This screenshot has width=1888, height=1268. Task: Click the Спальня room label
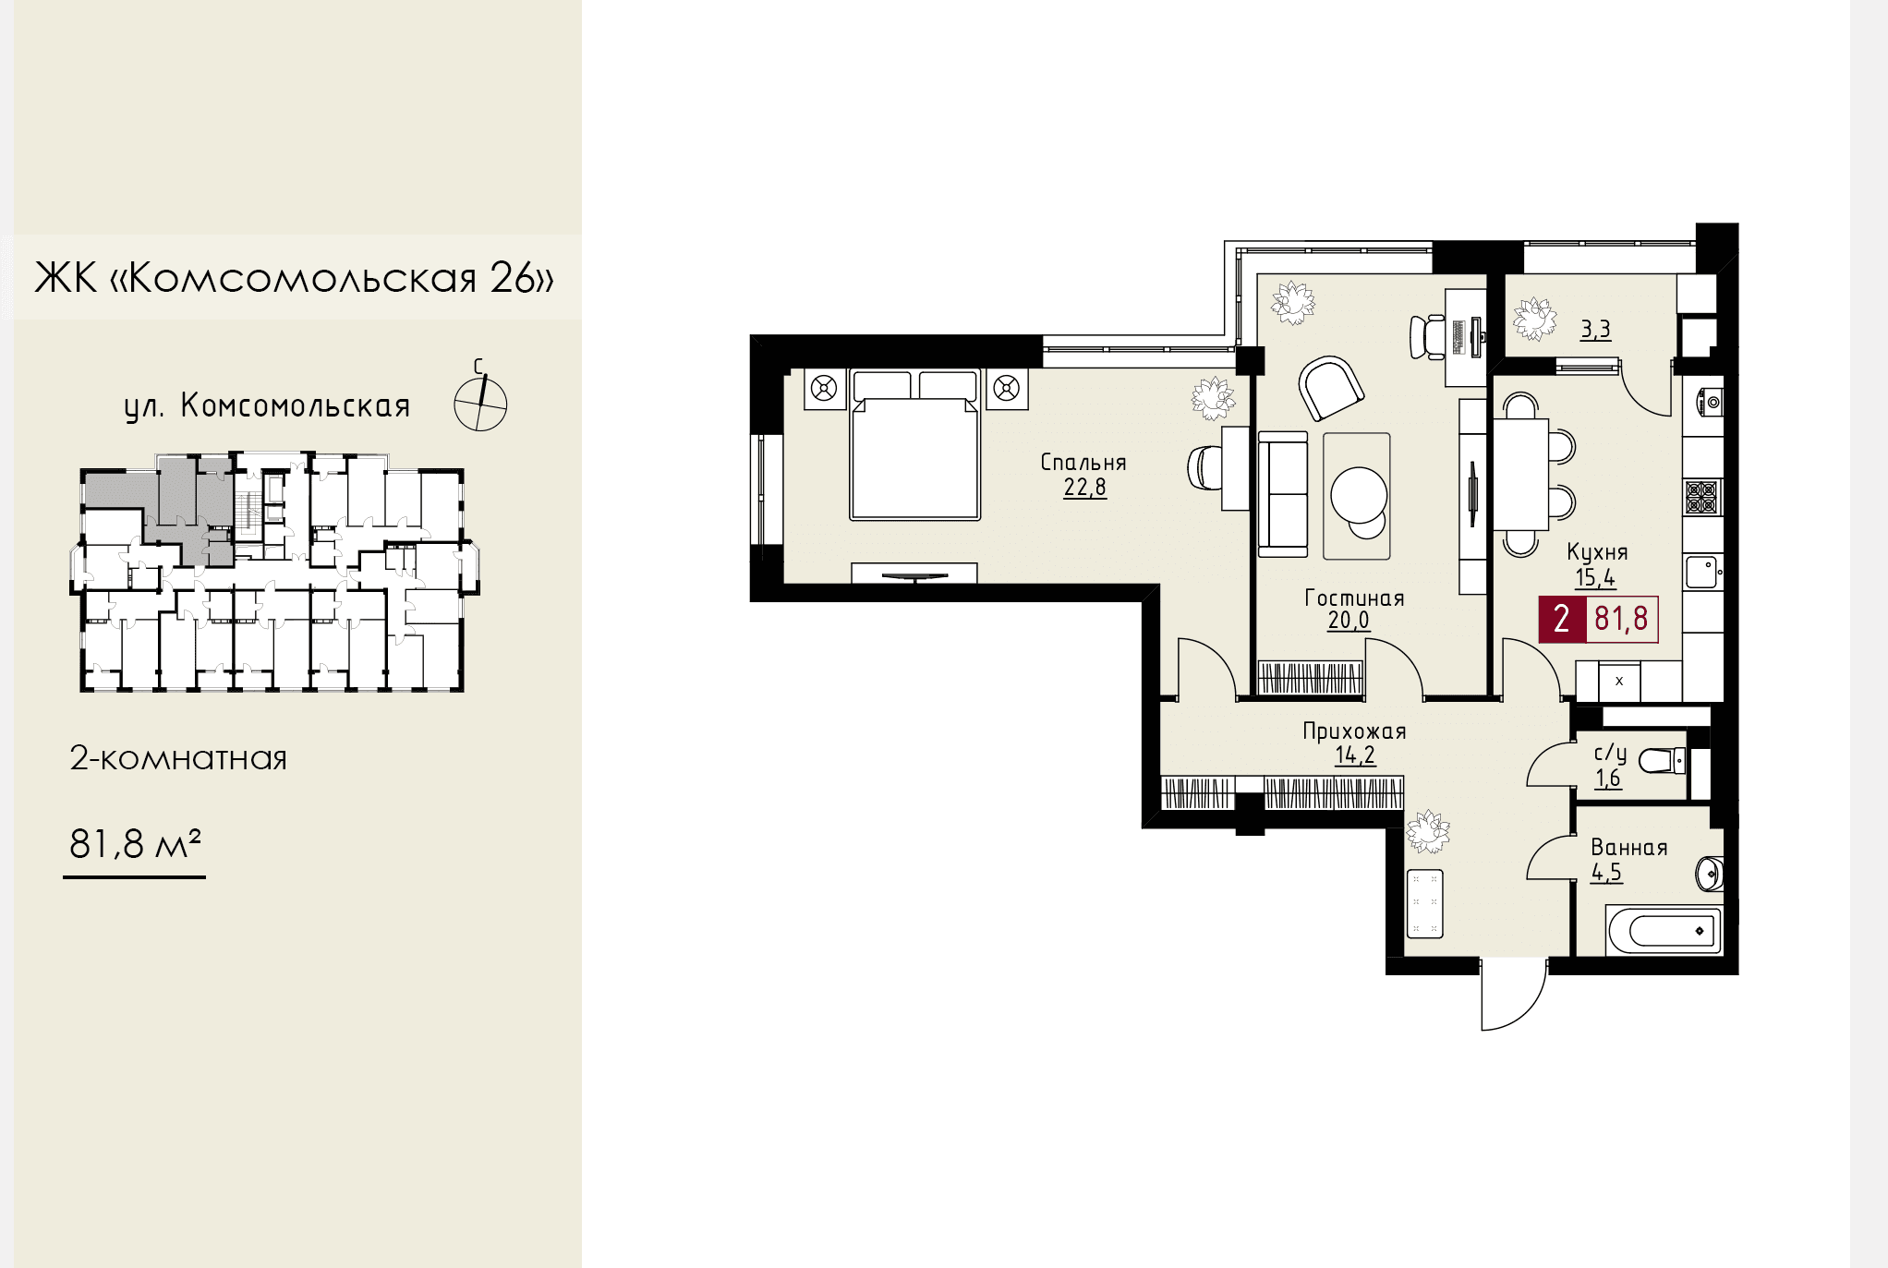pyautogui.click(x=1083, y=462)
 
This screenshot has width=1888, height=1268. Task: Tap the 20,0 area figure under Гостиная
pyautogui.click(x=1349, y=621)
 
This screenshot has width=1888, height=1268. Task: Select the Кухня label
pyautogui.click(x=1597, y=552)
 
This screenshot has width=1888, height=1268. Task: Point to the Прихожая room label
pyautogui.click(x=1354, y=731)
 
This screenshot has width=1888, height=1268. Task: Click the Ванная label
pyautogui.click(x=1628, y=848)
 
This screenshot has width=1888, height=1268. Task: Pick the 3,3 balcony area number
pyautogui.click(x=1595, y=329)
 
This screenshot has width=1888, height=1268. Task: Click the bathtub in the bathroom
pyautogui.click(x=1664, y=930)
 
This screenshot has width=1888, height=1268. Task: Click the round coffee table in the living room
pyautogui.click(x=1359, y=497)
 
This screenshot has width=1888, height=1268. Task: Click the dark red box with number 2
pyautogui.click(x=1562, y=619)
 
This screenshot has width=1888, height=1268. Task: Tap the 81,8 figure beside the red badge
pyautogui.click(x=1621, y=619)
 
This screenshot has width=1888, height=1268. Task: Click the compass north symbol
pyautogui.click(x=480, y=399)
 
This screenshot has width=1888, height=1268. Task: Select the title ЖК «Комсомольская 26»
pyautogui.click(x=295, y=277)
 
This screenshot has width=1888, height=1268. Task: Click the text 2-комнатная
pyautogui.click(x=178, y=758)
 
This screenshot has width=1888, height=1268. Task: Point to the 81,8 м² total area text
pyautogui.click(x=135, y=843)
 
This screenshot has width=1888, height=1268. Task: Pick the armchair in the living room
pyautogui.click(x=1331, y=388)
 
